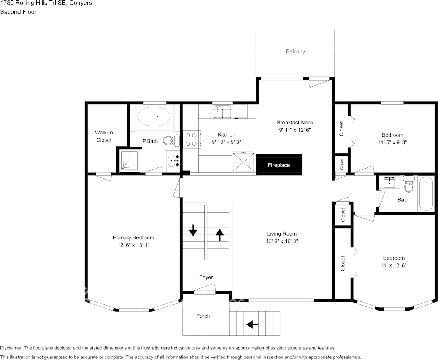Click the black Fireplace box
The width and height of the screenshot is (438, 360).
279,165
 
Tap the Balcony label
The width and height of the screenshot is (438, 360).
295,51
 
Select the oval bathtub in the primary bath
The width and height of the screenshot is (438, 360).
154,116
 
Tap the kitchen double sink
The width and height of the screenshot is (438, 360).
223,112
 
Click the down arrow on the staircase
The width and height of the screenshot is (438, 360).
193,230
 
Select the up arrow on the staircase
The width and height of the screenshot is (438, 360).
219,234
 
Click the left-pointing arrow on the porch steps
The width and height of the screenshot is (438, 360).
252,324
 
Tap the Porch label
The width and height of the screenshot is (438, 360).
203,316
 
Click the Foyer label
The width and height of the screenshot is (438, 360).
206,277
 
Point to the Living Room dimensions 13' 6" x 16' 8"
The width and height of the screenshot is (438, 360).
282,241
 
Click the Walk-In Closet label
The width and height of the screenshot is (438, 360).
104,136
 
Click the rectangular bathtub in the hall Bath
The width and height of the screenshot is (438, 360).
426,194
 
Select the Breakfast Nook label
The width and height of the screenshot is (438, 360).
295,123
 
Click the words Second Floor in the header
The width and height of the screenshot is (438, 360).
18,12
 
